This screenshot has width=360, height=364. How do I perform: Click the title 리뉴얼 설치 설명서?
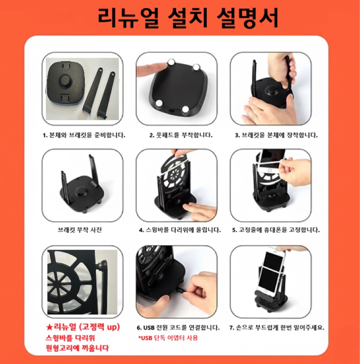tap(187, 19)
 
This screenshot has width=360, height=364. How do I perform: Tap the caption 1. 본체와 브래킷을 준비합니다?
tap(84, 135)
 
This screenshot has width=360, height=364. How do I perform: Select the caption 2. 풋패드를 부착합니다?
tap(181, 135)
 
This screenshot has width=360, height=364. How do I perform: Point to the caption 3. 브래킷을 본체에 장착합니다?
tap(276, 135)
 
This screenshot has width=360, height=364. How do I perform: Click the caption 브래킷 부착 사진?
tap(80, 230)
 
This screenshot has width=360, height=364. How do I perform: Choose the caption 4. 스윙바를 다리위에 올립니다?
tap(180, 230)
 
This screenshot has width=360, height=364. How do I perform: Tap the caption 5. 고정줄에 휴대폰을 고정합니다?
tap(276, 230)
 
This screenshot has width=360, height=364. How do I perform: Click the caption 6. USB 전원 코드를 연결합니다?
tap(178, 327)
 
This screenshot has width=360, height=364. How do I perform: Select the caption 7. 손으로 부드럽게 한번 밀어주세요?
tap(277, 327)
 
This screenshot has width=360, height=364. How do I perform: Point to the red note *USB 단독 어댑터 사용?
tap(168, 338)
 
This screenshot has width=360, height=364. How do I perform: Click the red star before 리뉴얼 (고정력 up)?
tap(49, 327)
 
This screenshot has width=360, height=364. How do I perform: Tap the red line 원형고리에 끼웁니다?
tap(77, 348)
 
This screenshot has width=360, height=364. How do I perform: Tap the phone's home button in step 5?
tap(269, 171)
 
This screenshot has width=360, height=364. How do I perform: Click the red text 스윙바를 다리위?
tap(70, 338)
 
